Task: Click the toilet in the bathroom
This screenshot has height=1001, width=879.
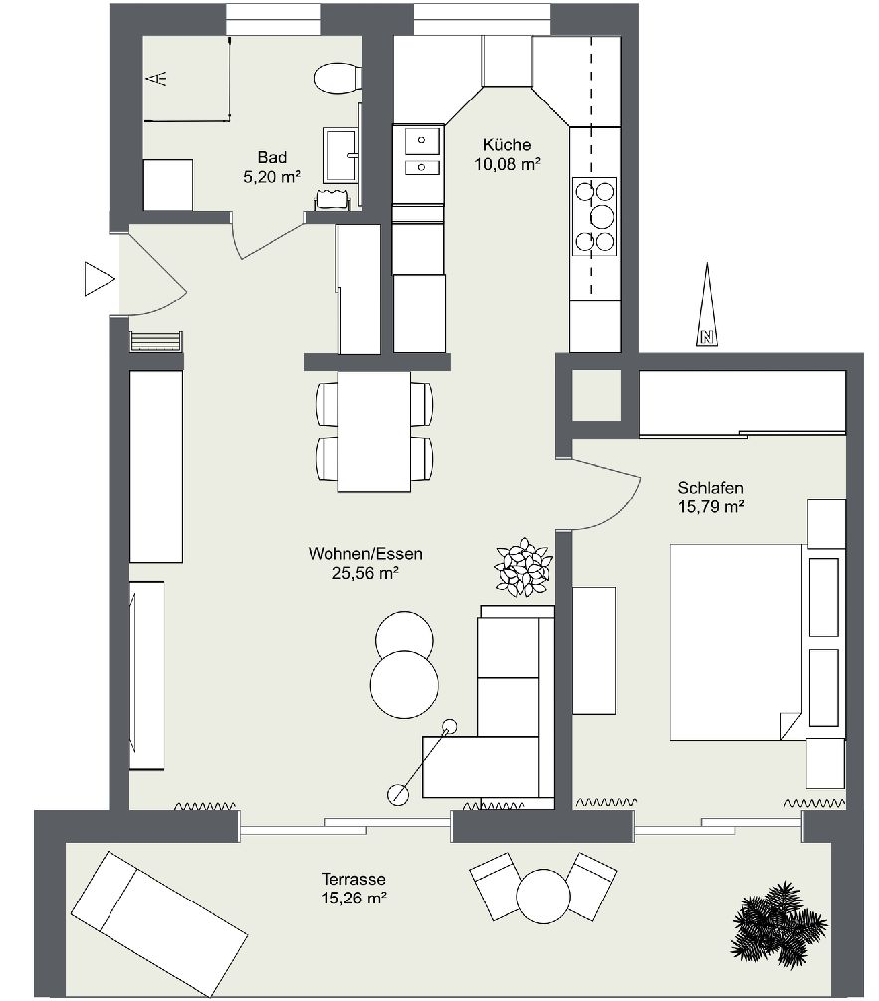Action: click(337, 78)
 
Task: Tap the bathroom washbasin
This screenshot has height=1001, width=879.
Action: click(341, 156)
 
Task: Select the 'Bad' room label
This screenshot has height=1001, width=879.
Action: click(272, 157)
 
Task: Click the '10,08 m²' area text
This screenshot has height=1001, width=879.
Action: click(508, 165)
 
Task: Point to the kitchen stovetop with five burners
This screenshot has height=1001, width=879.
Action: click(595, 216)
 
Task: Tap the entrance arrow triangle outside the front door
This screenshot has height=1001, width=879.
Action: click(99, 279)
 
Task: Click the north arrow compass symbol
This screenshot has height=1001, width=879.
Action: click(707, 304)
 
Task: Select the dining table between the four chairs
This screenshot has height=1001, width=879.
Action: click(374, 432)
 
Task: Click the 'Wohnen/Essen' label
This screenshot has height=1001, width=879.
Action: click(365, 553)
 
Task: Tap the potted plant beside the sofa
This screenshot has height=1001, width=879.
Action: click(524, 567)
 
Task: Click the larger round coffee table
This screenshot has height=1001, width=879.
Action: click(404, 684)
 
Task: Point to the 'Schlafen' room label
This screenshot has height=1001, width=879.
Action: click(711, 488)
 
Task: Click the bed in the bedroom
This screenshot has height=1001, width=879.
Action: click(736, 642)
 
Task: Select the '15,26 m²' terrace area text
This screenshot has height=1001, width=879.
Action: click(354, 899)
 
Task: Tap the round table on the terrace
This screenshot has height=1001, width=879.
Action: click(543, 896)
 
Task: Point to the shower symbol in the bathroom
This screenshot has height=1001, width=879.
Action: click(157, 79)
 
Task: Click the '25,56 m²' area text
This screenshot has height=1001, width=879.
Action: click(365, 573)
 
